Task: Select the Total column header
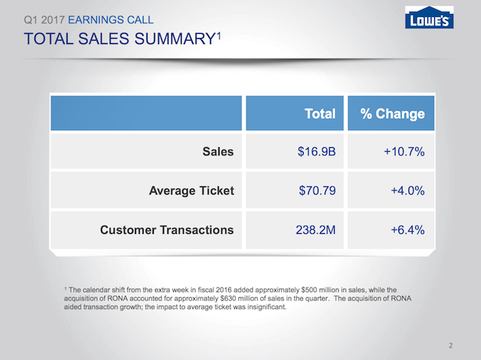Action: pyautogui.click(x=320, y=114)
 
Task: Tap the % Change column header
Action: pyautogui.click(x=392, y=114)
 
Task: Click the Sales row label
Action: pyautogui.click(x=218, y=152)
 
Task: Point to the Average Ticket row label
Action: pyautogui.click(x=191, y=191)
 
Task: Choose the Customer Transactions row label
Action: pyautogui.click(x=167, y=230)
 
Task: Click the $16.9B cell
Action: pyautogui.click(x=316, y=152)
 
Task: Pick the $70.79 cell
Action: pyautogui.click(x=316, y=191)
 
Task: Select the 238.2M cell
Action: pyautogui.click(x=316, y=230)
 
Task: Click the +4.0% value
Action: pyautogui.click(x=407, y=191)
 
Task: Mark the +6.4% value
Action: pyautogui.click(x=407, y=230)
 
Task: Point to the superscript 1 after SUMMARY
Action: pyautogui.click(x=219, y=34)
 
